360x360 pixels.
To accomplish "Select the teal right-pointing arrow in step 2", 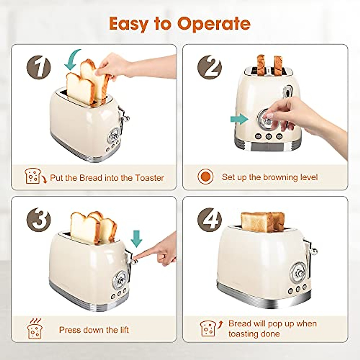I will tap(239, 119).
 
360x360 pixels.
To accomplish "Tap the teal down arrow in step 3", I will tap(136, 238).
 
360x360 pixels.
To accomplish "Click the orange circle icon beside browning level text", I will tap(206, 177).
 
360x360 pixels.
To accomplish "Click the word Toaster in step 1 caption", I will tap(149, 178).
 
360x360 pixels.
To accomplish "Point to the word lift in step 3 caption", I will tap(124, 330).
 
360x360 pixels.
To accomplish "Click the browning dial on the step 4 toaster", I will tap(299, 272).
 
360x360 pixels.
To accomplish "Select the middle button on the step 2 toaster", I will tap(268, 136).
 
